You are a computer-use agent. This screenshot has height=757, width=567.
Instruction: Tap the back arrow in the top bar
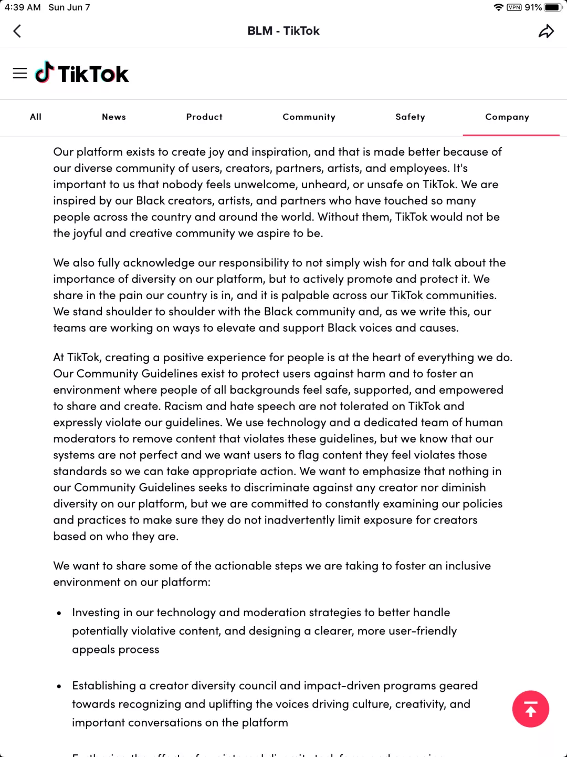(x=17, y=31)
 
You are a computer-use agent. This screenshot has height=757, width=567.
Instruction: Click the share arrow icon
(x=546, y=31)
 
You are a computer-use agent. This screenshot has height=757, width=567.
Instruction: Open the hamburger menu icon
(x=20, y=74)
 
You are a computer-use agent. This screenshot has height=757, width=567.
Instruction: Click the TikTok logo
(x=82, y=74)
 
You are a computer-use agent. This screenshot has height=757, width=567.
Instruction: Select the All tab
(x=36, y=117)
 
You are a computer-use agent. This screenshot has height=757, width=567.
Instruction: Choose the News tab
(x=114, y=117)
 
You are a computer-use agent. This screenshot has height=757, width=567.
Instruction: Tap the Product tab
(x=204, y=117)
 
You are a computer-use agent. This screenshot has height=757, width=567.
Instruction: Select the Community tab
(x=309, y=117)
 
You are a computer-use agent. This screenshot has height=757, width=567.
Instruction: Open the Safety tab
(x=410, y=117)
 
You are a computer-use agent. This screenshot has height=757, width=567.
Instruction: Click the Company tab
(x=507, y=117)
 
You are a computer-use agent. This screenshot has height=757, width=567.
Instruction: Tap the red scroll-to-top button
(x=530, y=709)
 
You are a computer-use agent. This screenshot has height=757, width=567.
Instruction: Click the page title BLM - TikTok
(x=283, y=31)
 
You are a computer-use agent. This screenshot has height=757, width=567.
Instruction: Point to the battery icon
(x=553, y=7)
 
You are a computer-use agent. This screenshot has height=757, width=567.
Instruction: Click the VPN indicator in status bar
(x=514, y=7)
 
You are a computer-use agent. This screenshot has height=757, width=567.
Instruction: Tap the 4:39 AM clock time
(x=23, y=7)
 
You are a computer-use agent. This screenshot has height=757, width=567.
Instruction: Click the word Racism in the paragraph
(x=183, y=406)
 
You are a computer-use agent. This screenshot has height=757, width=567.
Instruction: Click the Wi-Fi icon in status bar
(x=498, y=7)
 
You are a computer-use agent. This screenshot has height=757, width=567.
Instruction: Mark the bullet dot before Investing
(x=59, y=613)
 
